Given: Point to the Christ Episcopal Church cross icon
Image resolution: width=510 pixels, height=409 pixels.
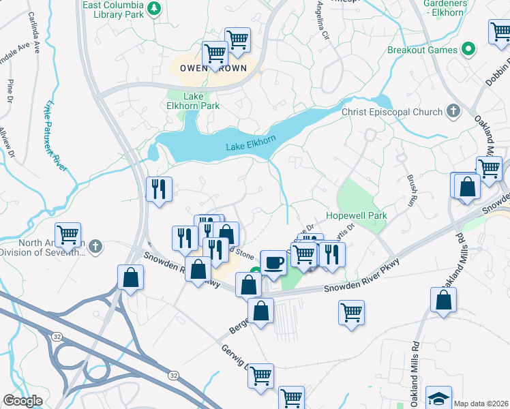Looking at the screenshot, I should pyautogui.click(x=453, y=111).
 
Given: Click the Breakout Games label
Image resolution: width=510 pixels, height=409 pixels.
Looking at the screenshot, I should pyautogui.click(x=423, y=50).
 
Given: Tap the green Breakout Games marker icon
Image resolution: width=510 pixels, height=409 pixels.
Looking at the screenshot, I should pyautogui.click(x=468, y=49).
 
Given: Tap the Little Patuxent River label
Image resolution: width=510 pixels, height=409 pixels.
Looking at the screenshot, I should pyautogui.click(x=55, y=136).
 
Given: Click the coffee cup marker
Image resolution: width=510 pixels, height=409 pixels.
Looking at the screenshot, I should pyautogui.click(x=274, y=262).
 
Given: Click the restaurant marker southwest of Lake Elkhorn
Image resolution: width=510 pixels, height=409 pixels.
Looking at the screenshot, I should pyautogui.click(x=160, y=189).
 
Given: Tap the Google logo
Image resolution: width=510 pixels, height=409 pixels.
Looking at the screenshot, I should pyautogui.click(x=23, y=401).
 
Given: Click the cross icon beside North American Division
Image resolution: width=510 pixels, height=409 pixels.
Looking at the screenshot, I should pyautogui.click(x=96, y=245).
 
